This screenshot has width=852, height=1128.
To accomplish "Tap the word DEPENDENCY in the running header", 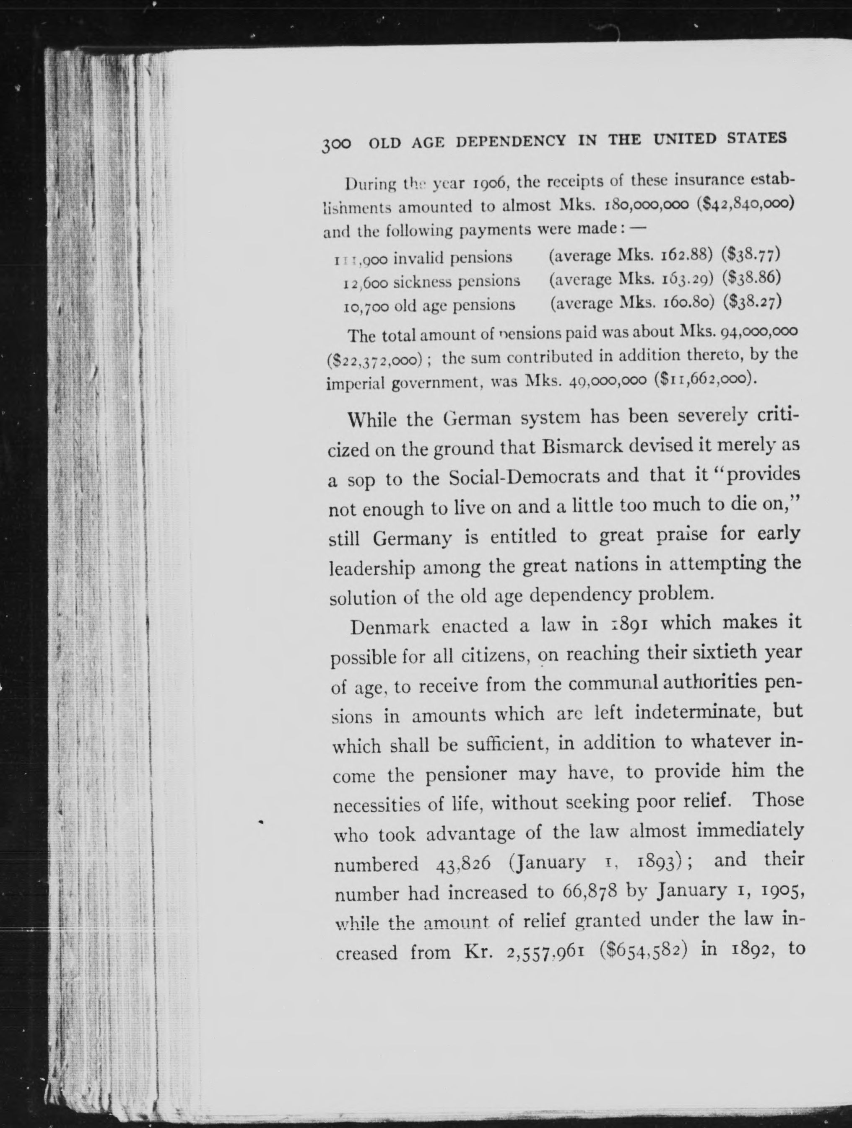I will [511, 141].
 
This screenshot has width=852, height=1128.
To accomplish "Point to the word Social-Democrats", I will [544, 477].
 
